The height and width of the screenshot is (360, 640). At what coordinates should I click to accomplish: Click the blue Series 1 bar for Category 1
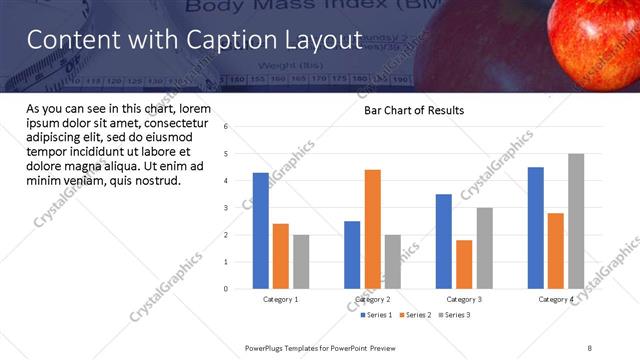[261, 231]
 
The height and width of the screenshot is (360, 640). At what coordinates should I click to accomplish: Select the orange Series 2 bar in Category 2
[372, 229]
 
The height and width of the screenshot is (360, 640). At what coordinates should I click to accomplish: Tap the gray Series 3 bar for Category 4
[576, 221]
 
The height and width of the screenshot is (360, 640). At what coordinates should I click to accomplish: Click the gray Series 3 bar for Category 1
[301, 262]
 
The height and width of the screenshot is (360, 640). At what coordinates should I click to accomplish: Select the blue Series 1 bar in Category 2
[352, 255]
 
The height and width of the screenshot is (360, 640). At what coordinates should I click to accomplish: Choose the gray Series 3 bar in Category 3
[484, 248]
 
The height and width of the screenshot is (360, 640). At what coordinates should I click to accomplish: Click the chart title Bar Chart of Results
[413, 110]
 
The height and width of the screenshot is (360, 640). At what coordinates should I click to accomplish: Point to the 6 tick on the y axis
[226, 127]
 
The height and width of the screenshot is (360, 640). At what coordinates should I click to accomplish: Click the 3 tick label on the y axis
[226, 208]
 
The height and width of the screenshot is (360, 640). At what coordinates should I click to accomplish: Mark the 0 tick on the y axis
[226, 289]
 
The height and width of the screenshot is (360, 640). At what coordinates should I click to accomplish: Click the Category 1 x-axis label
[281, 300]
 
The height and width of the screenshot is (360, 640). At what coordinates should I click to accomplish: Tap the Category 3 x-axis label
[464, 300]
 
